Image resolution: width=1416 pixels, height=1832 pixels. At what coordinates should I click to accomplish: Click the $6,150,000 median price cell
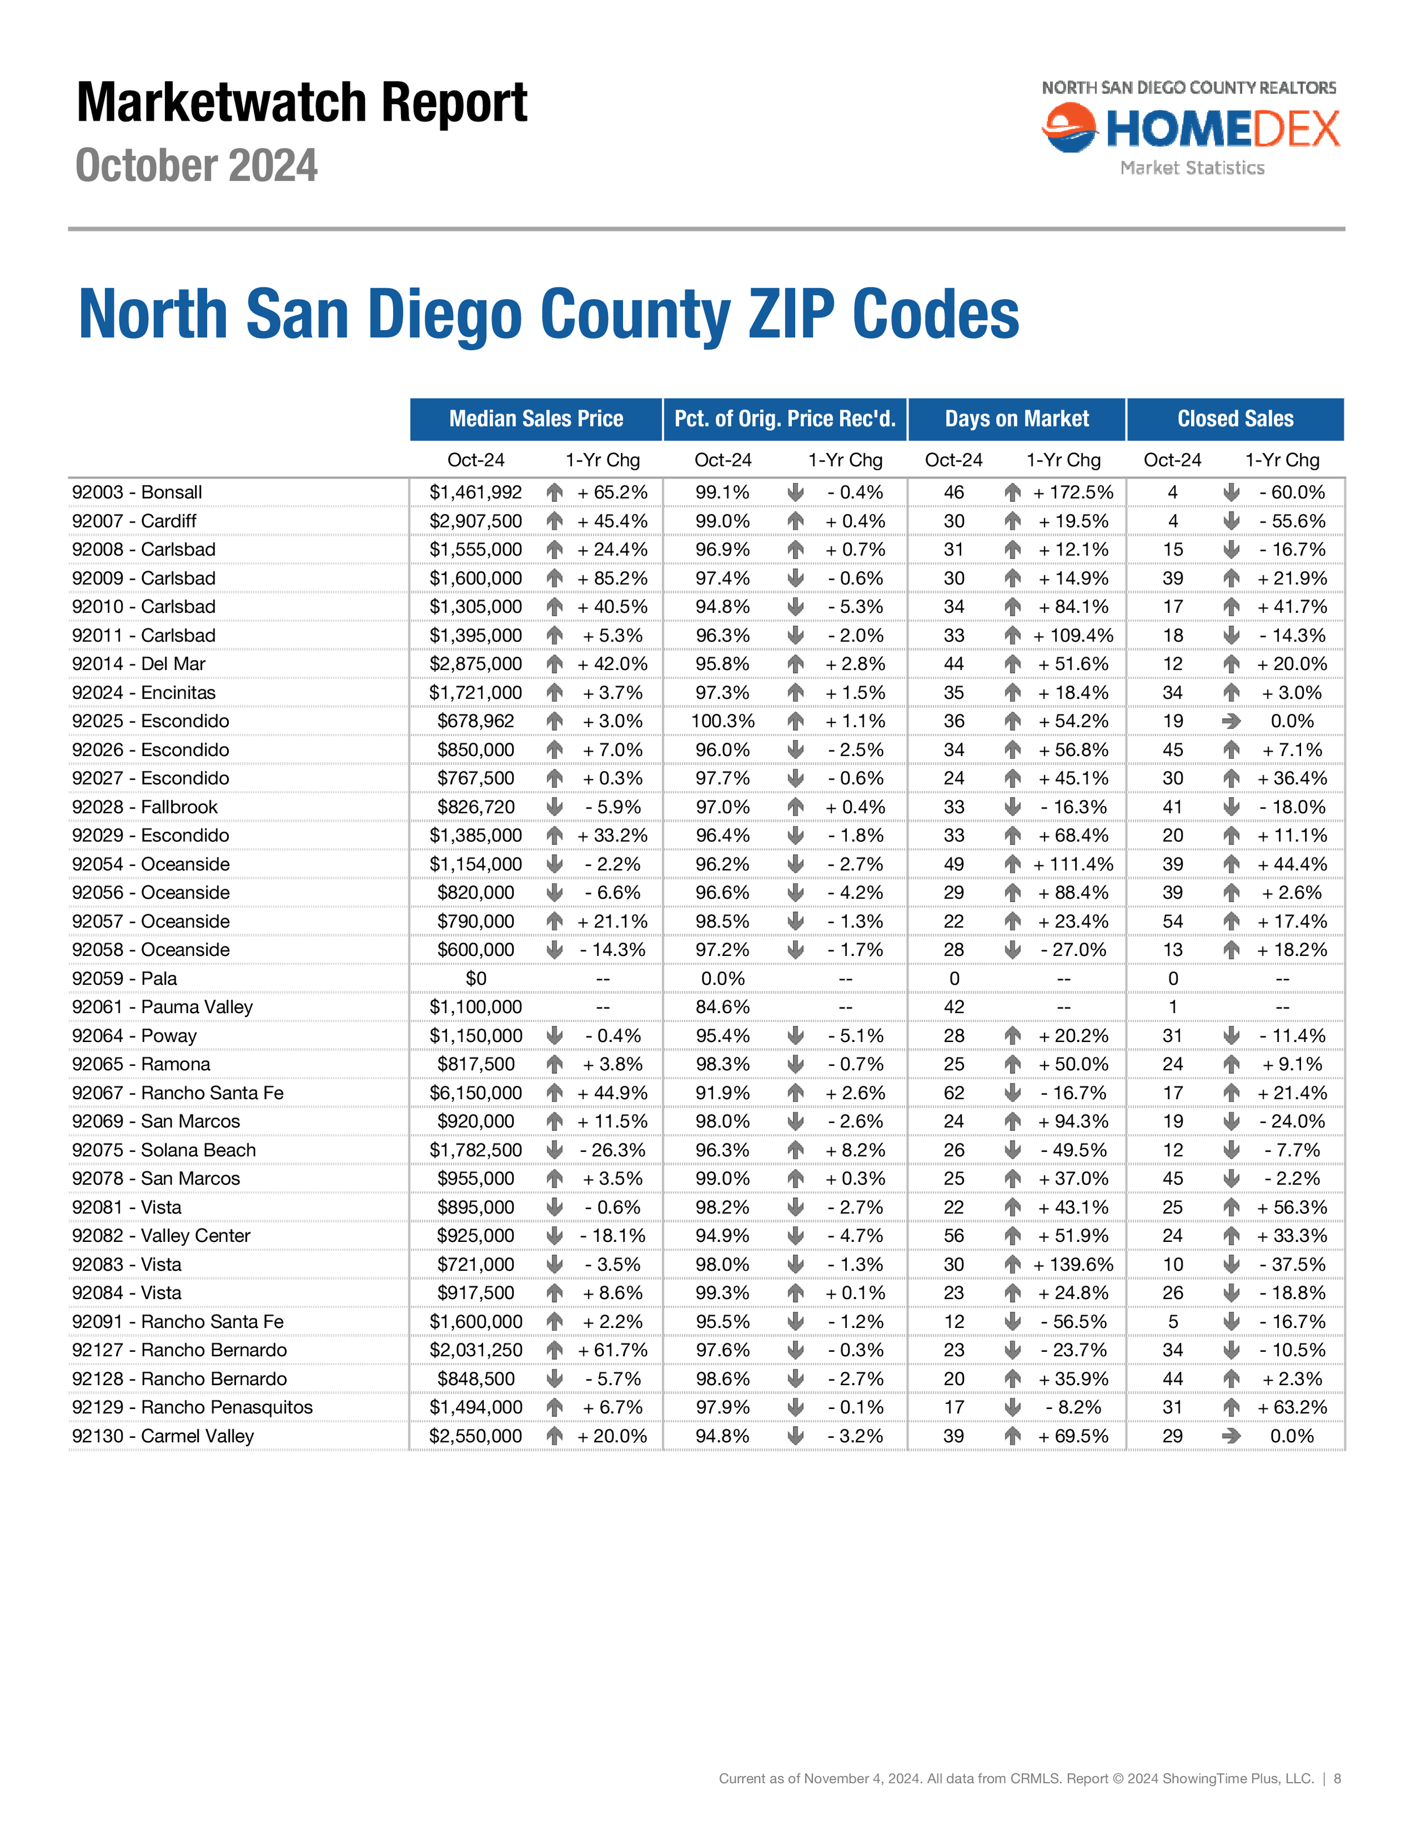(476, 1092)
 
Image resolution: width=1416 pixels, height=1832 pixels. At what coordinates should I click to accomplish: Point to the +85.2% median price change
(612, 578)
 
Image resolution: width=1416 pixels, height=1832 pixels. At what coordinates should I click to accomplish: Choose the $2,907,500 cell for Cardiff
(476, 521)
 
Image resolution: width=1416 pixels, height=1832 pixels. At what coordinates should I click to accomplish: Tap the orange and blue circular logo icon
(1069, 127)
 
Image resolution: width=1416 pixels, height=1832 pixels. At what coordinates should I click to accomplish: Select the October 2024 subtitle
(197, 165)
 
